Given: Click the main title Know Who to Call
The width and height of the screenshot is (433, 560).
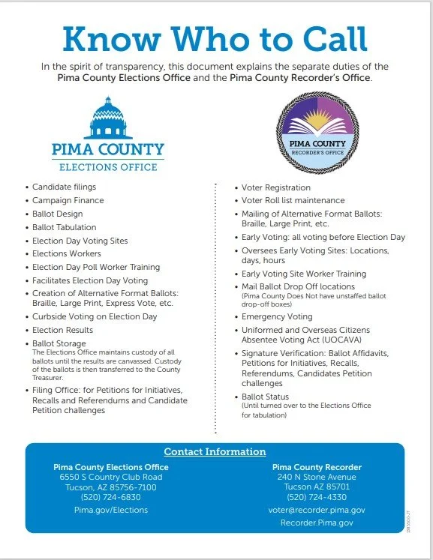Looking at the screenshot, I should (x=215, y=38).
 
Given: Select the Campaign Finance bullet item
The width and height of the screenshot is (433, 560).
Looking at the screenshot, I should (x=68, y=201).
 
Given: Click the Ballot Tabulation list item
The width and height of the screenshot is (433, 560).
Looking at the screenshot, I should (x=64, y=228).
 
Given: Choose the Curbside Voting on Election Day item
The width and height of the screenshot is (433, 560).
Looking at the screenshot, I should (x=94, y=317).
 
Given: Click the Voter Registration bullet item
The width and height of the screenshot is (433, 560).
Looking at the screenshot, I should (x=275, y=187).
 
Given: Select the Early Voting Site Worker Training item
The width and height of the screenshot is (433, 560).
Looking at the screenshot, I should (x=303, y=274).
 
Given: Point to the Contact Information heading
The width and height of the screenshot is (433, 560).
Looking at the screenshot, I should (x=215, y=452).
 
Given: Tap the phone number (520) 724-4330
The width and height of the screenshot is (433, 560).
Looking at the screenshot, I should (x=316, y=497).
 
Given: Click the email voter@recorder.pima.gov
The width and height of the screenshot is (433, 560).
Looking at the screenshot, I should (x=316, y=510).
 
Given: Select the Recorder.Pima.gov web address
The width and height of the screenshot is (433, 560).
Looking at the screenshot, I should (x=316, y=523).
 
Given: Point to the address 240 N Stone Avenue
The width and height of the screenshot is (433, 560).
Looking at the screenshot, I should (x=316, y=477).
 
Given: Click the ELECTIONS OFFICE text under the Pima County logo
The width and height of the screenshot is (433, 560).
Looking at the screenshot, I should (x=108, y=166).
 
